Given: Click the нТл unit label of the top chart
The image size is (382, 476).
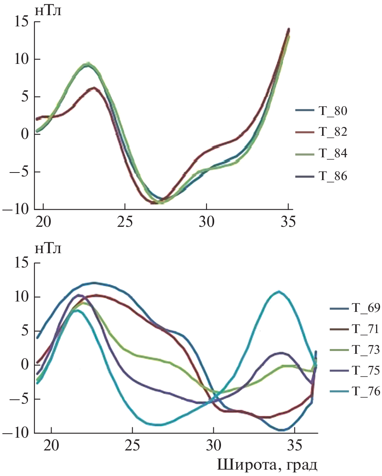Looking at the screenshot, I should coord(48,11).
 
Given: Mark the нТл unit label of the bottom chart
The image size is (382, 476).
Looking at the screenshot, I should coord(48,249).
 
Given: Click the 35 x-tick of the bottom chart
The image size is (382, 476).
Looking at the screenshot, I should coord(295,445).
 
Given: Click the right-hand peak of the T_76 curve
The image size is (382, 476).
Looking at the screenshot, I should coord(279,292).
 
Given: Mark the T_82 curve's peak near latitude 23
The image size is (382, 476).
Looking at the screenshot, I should coord(94,87).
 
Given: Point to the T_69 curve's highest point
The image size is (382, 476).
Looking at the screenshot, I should coord(94,283).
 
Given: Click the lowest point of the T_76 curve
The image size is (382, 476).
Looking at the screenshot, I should coord(158,425).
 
